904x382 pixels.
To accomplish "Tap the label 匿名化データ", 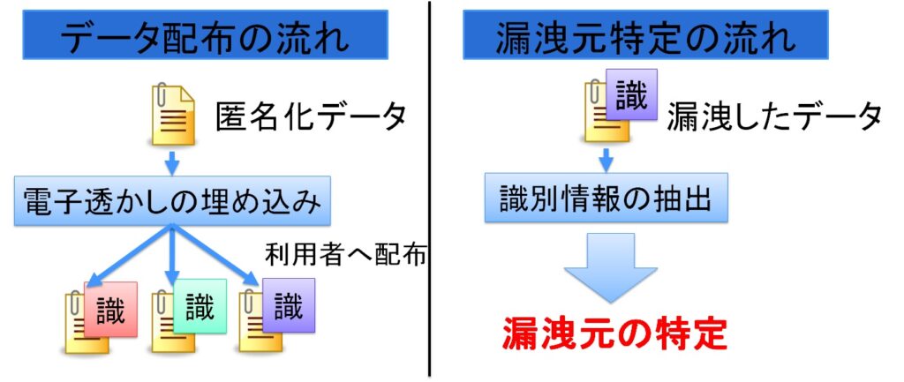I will tap(312, 116).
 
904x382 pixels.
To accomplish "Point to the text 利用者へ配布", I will tap(346, 254).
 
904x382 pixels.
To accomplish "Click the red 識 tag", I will tap(111, 310).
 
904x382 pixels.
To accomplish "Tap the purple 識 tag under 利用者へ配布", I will tap(288, 305).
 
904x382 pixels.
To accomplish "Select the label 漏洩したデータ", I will tap(773, 116).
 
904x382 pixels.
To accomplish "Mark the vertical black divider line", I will tap(430, 191).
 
